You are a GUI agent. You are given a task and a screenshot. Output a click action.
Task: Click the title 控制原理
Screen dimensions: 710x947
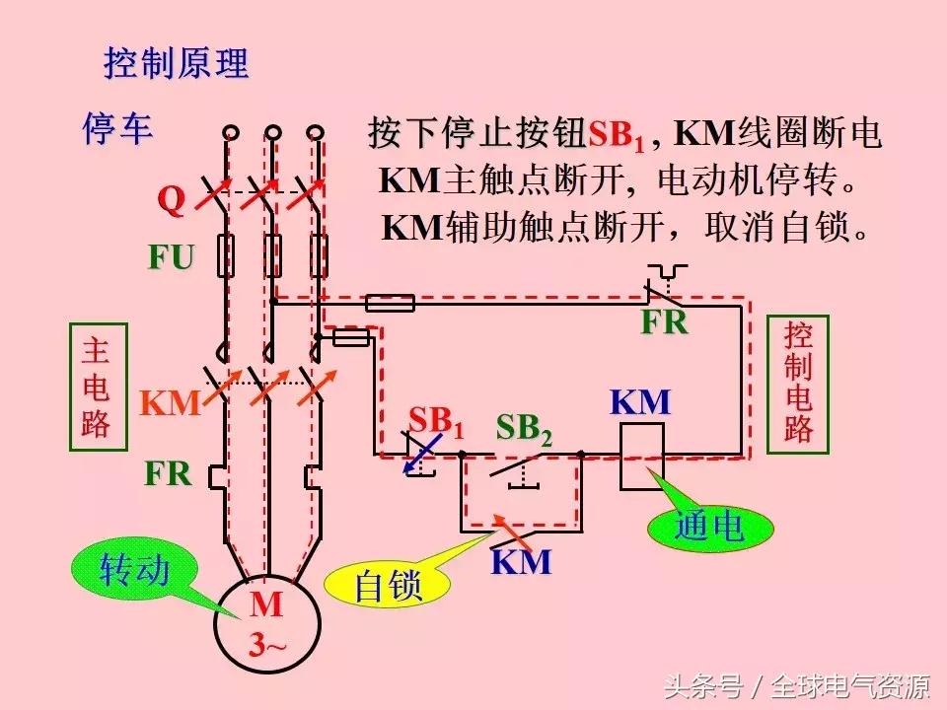coord(177,64)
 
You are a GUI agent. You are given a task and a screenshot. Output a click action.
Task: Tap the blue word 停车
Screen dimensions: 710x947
coord(117,131)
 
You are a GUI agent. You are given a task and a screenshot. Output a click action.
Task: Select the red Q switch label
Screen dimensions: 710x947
coord(172,200)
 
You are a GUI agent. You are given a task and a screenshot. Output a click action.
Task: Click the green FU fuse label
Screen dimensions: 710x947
coord(171,257)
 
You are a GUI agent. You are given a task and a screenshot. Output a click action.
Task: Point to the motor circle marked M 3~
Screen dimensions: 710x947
coord(266,622)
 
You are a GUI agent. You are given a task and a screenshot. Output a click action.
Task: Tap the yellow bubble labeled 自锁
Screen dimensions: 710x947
coord(388,587)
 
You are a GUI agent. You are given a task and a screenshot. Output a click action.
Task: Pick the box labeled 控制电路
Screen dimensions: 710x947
coord(798,382)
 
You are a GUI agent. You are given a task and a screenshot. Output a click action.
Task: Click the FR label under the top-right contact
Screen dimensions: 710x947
coord(664,322)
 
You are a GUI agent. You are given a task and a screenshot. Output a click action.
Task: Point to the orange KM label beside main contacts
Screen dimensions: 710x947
coord(170,402)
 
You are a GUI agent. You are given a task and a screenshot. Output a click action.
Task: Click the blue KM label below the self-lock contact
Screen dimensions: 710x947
coord(521,562)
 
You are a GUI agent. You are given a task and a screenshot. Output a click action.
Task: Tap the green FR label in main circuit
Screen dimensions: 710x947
coord(168,473)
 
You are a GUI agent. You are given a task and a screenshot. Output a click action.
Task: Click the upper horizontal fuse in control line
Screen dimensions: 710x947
coord(390,303)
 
